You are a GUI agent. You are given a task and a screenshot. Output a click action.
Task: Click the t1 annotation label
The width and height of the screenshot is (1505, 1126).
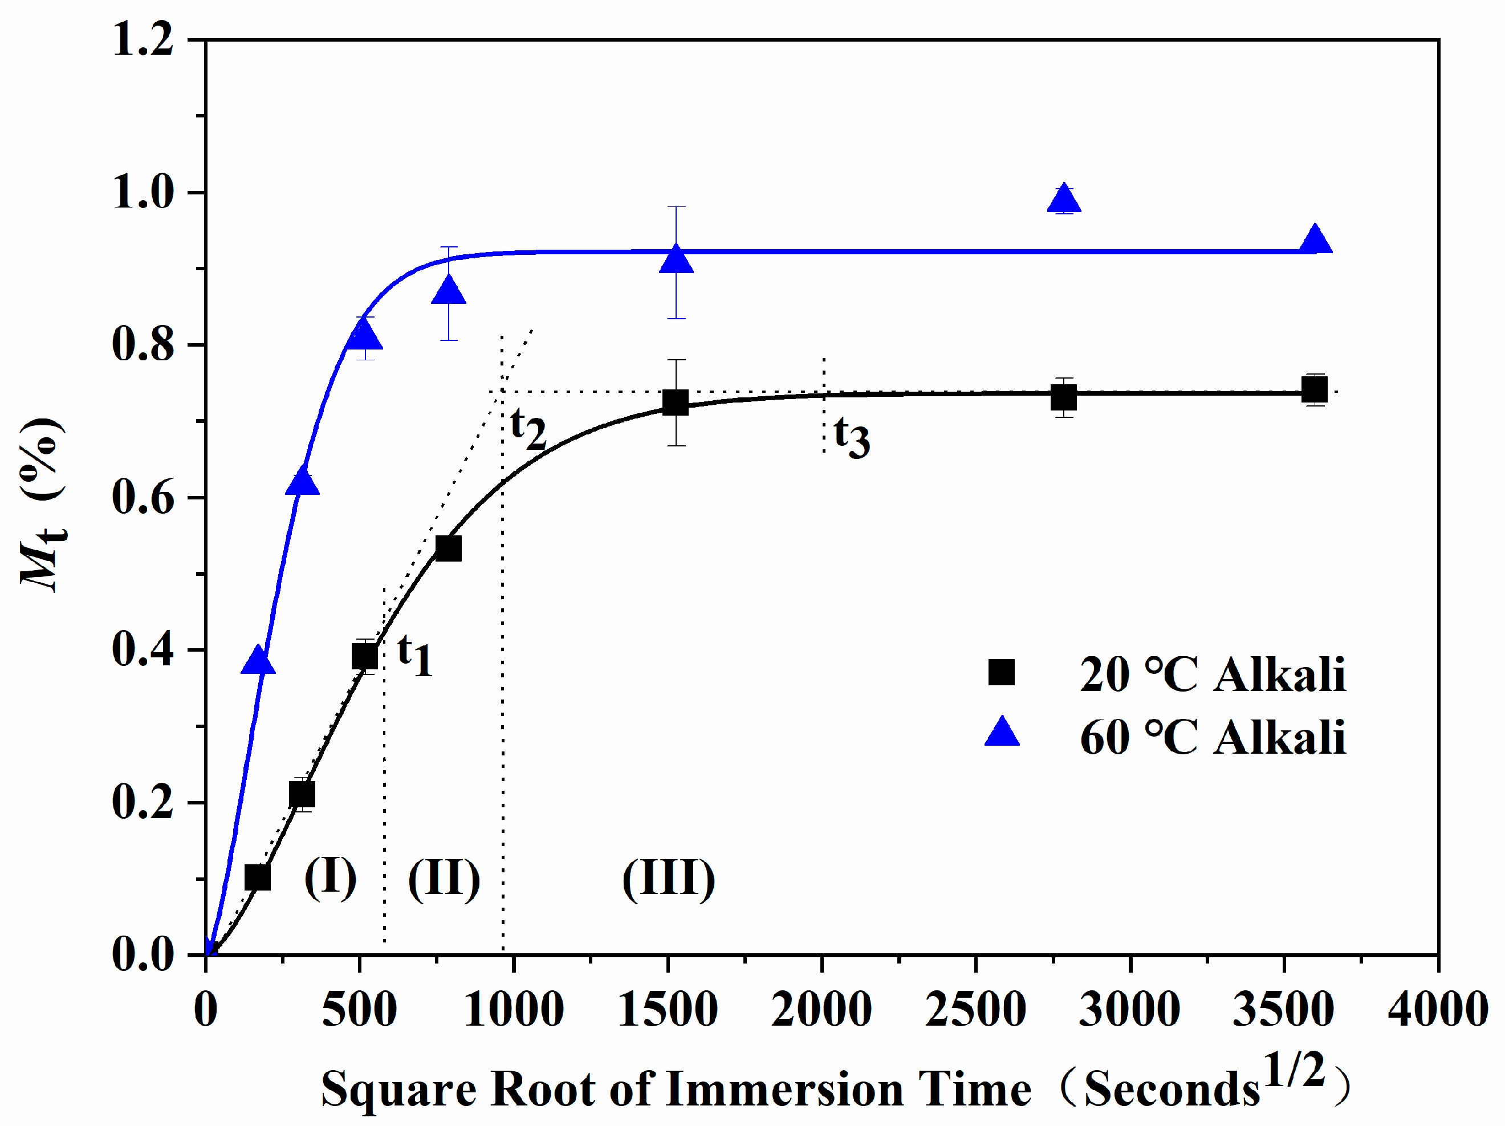coord(415,655)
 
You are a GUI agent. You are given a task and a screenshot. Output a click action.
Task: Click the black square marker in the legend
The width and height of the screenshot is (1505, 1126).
coord(1001,672)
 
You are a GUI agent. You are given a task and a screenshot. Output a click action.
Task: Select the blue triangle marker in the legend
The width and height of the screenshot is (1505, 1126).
coord(1002,733)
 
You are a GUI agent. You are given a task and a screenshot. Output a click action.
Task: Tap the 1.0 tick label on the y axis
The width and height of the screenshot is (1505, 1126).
coord(143,193)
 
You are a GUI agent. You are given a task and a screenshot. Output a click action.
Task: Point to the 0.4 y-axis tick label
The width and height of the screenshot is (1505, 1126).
coord(143,650)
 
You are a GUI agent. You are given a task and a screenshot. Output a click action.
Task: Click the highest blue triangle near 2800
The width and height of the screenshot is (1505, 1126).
coord(1063,200)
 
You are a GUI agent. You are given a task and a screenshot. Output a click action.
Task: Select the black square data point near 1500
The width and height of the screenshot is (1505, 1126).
coord(675,402)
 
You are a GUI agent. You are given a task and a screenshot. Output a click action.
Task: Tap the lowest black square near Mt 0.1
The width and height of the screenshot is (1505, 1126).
coord(257,877)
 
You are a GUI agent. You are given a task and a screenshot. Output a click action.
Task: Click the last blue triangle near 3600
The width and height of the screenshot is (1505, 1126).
coord(1315,239)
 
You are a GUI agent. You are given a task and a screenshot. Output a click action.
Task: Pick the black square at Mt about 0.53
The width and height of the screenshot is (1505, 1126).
coord(449,548)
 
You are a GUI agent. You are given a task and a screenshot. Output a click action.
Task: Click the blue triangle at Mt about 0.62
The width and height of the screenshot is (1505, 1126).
coord(302,482)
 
